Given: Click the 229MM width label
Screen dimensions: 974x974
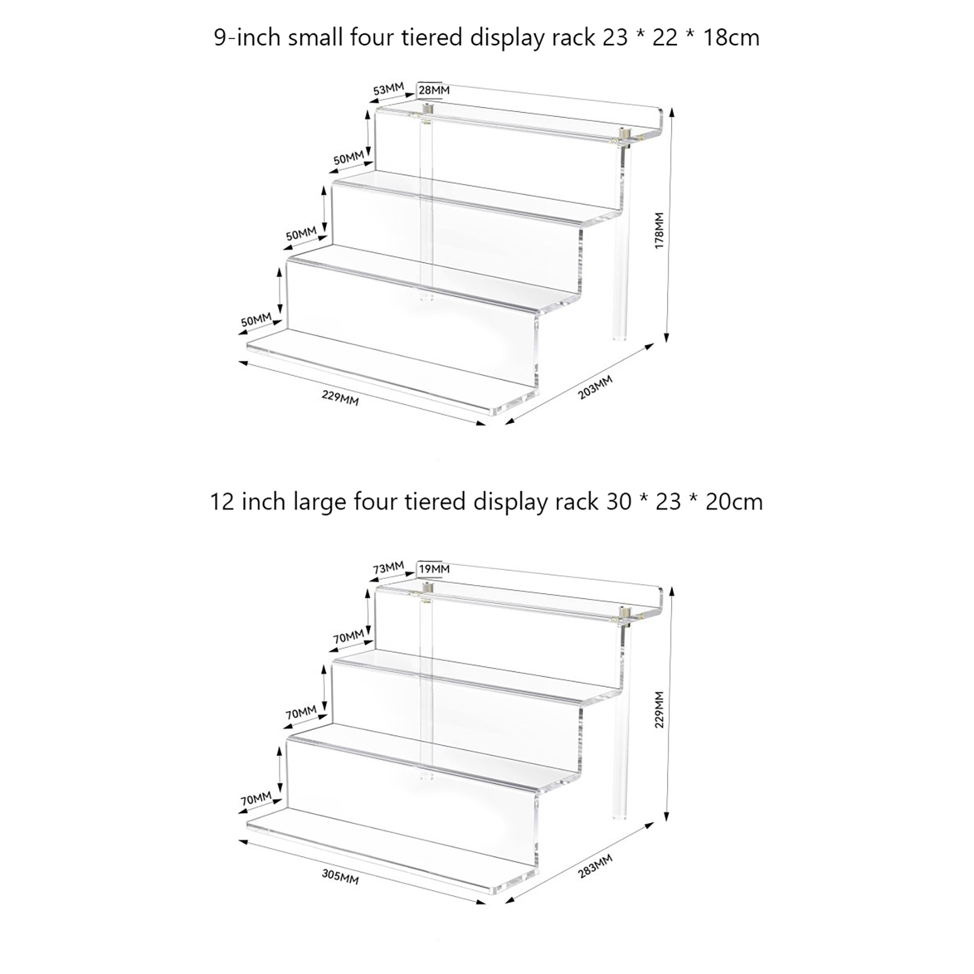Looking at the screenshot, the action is pyautogui.click(x=340, y=398).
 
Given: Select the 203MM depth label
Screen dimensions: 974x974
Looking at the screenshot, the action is pyautogui.click(x=595, y=387).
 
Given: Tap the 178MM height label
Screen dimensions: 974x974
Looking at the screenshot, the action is pyautogui.click(x=659, y=230).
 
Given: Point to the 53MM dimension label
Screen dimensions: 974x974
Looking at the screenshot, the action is pyautogui.click(x=388, y=89).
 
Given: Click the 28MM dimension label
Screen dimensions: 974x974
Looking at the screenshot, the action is pyautogui.click(x=434, y=90).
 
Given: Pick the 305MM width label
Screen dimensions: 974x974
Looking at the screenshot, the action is pyautogui.click(x=340, y=877).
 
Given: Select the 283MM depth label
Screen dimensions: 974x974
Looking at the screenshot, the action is pyautogui.click(x=595, y=866).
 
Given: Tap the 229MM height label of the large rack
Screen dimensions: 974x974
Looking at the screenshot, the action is pyautogui.click(x=659, y=709).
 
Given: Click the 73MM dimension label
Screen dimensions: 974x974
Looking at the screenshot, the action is pyautogui.click(x=388, y=568).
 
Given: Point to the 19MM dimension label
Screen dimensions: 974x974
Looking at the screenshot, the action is pyautogui.click(x=434, y=569).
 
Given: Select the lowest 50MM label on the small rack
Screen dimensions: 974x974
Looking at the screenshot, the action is pyautogui.click(x=256, y=320).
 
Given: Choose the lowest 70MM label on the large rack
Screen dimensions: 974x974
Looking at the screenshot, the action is pyautogui.click(x=256, y=799).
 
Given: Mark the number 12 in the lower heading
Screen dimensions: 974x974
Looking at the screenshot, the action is pyautogui.click(x=223, y=502).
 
